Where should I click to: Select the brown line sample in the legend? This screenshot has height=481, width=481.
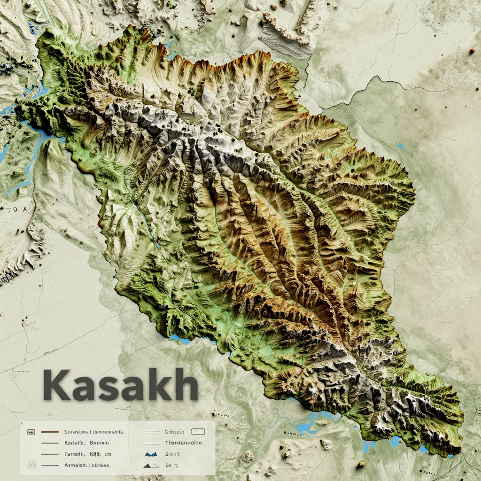50,431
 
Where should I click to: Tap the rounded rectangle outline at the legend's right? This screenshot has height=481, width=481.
198,431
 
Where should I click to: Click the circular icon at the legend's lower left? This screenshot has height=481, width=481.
32,465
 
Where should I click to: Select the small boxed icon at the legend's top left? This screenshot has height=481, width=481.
32,431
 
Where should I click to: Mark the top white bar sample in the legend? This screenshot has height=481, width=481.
152,431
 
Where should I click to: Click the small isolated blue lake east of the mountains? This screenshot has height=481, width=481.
400,146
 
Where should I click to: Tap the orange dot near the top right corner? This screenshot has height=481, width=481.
471,50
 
